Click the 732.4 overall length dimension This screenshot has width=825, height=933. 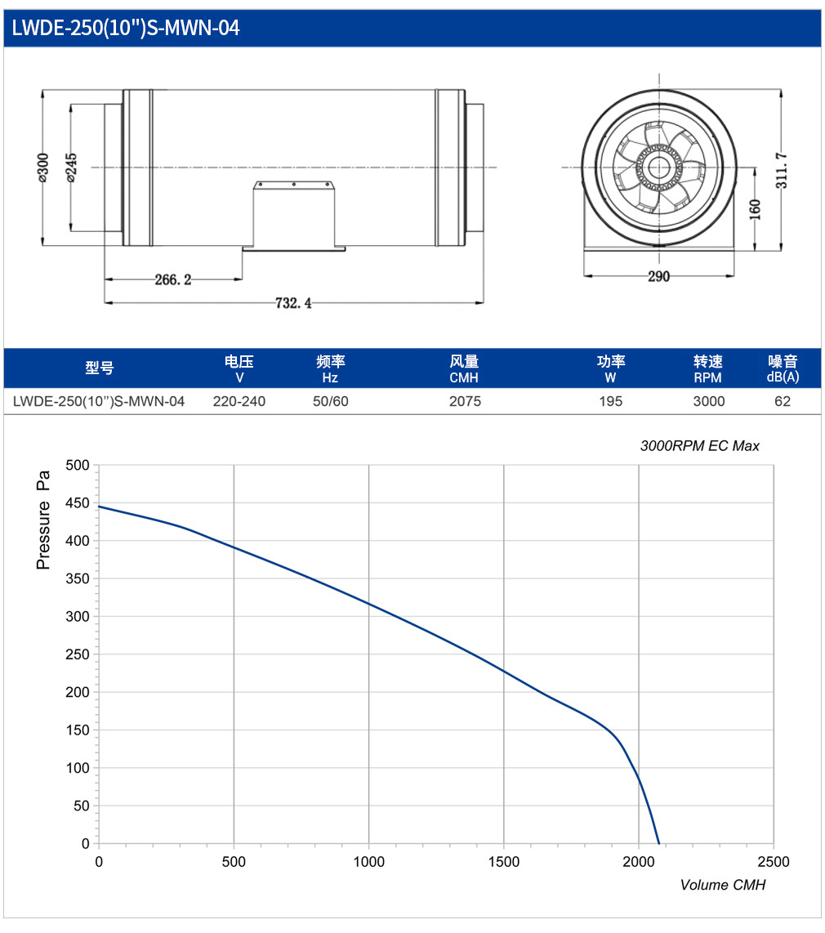[x=293, y=303]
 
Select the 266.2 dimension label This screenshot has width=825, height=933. [x=173, y=279]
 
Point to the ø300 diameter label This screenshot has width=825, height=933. [x=42, y=167]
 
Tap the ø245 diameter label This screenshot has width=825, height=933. [x=71, y=167]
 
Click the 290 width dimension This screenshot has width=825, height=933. [x=658, y=276]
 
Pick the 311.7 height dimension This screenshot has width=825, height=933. [x=782, y=170]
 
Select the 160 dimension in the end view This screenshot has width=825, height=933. [x=755, y=209]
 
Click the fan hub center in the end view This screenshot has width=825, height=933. [x=658, y=167]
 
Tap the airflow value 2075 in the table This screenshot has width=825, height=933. [x=465, y=401]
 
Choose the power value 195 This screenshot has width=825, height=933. [x=610, y=401]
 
